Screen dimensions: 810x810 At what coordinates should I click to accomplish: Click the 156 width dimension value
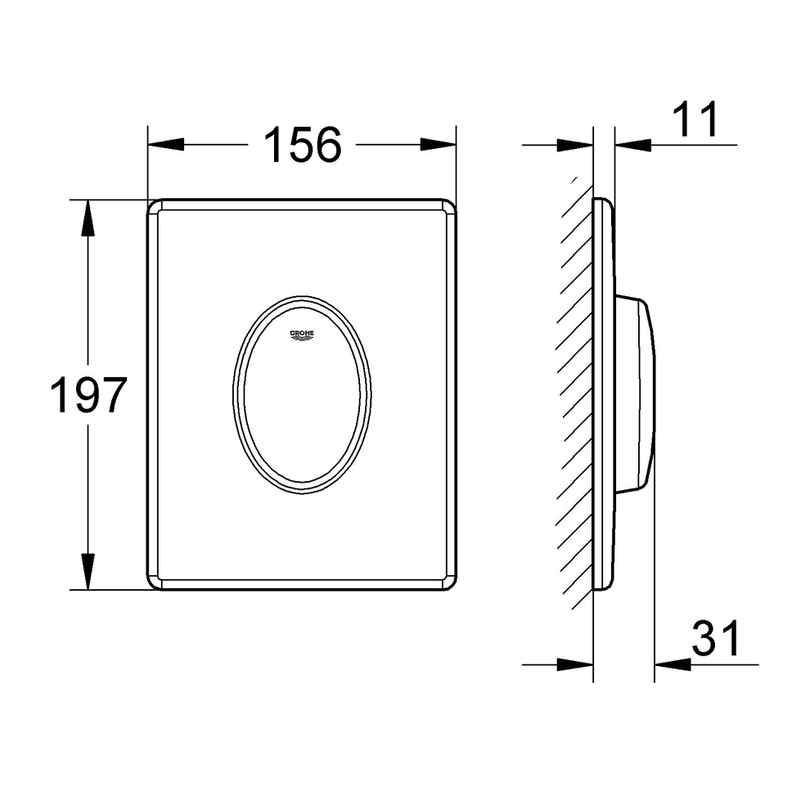[302, 146]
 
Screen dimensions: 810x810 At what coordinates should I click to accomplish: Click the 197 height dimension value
[88, 395]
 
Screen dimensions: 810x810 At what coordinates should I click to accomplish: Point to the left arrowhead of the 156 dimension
[164, 145]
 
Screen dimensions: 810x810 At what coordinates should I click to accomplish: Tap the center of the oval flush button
[301, 394]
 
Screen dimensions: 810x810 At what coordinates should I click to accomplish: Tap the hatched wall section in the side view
[575, 394]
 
